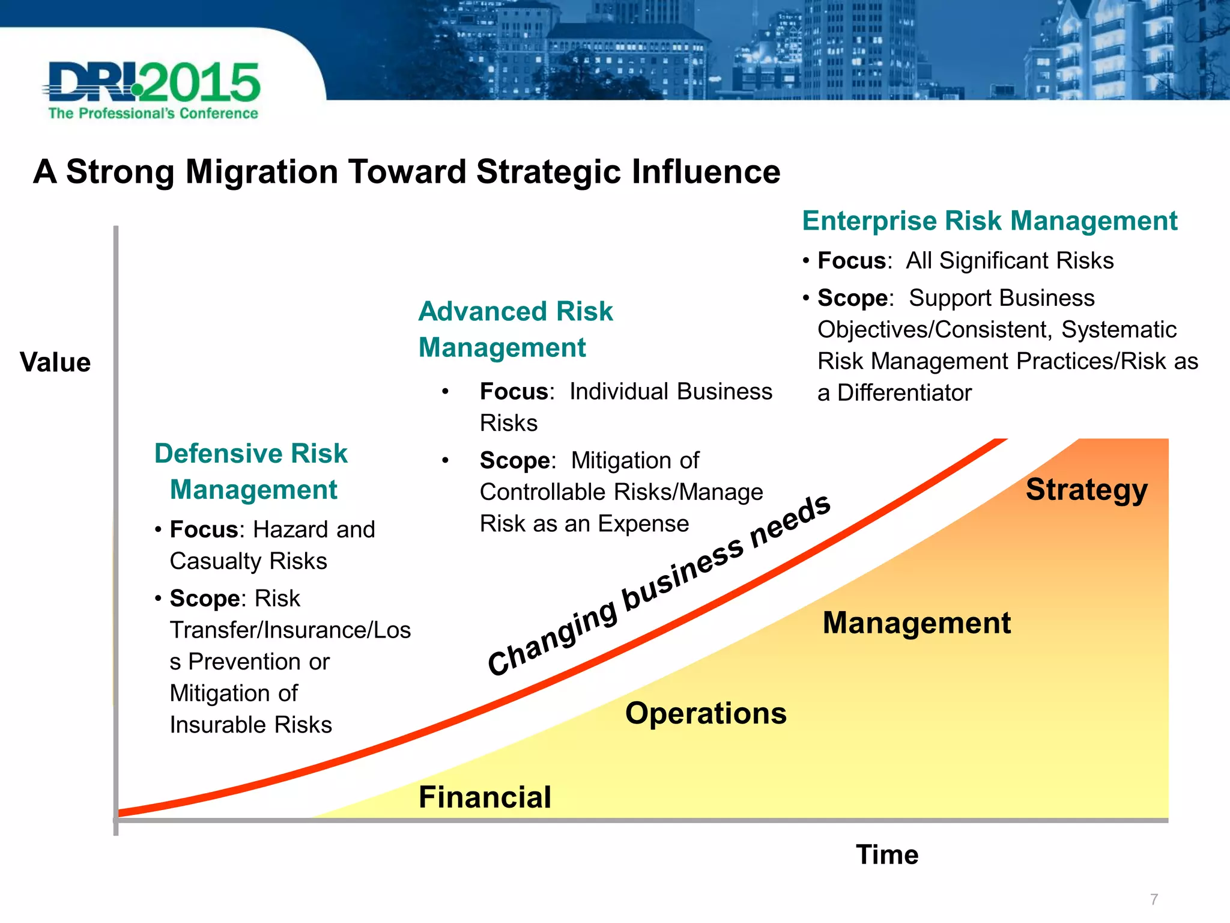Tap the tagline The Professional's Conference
153,114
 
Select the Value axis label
55,363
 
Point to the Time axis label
887,854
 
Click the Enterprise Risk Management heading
989,221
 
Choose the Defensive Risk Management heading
251,471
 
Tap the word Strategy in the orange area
1086,490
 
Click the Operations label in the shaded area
706,713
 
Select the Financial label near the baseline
485,797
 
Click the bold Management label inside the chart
916,623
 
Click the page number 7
1154,900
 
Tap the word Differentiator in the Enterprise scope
904,393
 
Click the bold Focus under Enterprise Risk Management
852,261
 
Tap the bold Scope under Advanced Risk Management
515,461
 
